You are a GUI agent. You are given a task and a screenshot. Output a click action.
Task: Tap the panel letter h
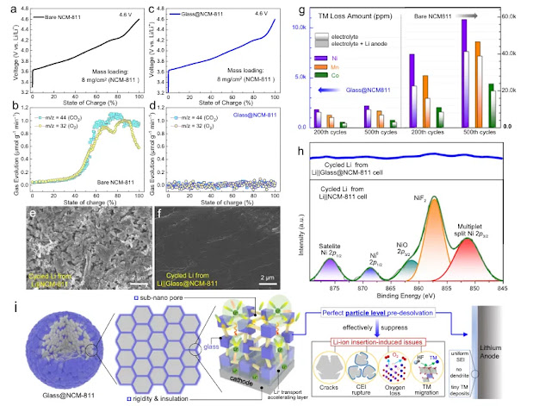click(299, 148)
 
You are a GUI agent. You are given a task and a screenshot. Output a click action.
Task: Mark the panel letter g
click(298, 10)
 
